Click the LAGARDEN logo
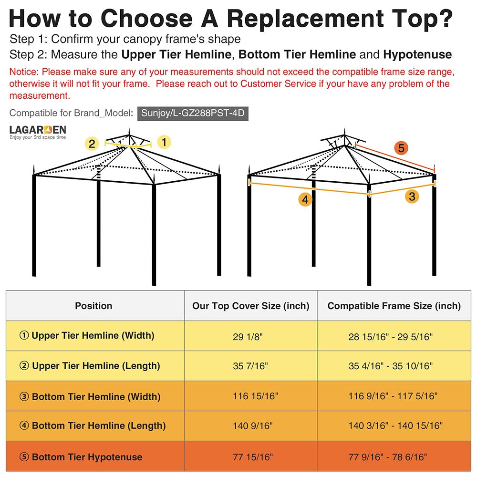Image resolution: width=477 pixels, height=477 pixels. coord(38,132)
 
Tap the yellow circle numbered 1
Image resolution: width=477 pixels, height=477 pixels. coord(164,142)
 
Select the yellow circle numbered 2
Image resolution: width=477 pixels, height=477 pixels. coord(93,143)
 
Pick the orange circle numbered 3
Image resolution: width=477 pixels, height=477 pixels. coord(412,196)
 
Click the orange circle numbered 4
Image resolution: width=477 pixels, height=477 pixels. coord(306,199)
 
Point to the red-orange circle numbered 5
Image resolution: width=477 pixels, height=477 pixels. coord(401,148)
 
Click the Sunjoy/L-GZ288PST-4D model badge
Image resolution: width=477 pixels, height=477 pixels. coord(193,114)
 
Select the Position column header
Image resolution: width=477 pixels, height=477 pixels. coord(93,306)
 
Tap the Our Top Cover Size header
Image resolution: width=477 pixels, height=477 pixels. coord(251,306)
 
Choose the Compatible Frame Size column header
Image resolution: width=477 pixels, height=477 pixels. coord(394,306)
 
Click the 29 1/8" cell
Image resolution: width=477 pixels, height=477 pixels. coord(248,337)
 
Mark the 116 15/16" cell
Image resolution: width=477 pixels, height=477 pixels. coord(256,396)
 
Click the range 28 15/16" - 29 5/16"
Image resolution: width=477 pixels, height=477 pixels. coord(391,337)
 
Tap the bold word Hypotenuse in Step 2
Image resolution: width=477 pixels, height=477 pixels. coord(417,54)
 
